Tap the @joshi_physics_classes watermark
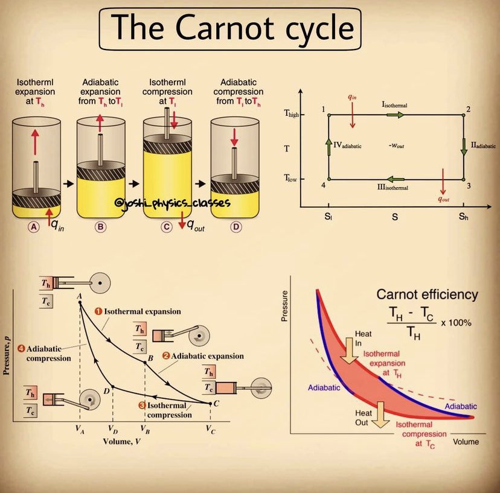click(171, 204)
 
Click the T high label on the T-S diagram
click(309, 115)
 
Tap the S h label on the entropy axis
click(463, 217)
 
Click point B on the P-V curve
click(144, 361)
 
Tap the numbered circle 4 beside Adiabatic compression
click(21, 348)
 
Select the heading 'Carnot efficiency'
click(427, 294)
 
